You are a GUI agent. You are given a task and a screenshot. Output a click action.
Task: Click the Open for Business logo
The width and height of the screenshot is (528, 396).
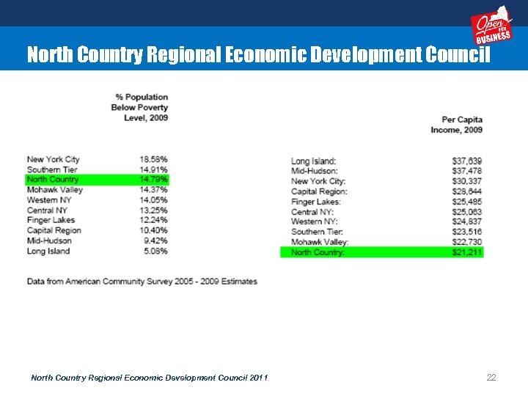click(x=491, y=27)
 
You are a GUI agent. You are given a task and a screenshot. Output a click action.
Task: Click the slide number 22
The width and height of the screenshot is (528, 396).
click(x=491, y=377)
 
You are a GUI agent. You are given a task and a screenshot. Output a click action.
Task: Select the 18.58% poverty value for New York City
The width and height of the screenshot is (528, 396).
click(x=153, y=159)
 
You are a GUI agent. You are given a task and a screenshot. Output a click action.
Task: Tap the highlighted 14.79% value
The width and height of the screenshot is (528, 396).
click(x=153, y=180)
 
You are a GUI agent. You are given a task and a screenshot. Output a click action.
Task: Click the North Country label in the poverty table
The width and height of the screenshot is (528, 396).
click(x=52, y=180)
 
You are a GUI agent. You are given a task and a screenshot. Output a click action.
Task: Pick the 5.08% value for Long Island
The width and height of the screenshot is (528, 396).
click(x=155, y=251)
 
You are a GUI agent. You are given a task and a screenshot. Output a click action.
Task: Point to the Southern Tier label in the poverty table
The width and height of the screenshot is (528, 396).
click(x=52, y=169)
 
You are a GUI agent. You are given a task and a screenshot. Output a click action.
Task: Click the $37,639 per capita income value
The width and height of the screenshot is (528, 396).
click(x=467, y=161)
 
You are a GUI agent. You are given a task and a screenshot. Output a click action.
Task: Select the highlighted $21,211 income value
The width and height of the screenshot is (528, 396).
click(x=467, y=252)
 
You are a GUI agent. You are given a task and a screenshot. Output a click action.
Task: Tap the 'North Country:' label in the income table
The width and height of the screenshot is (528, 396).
click(x=318, y=252)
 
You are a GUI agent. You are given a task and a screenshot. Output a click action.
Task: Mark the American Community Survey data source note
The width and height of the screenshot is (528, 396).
click(x=142, y=281)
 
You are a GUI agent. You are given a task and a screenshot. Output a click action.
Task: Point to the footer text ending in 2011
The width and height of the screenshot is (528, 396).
click(x=149, y=378)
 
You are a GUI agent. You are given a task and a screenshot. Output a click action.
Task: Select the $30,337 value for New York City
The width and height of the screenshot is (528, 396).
click(x=467, y=181)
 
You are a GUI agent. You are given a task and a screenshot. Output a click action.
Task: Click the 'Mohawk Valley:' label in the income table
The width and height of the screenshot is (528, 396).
click(x=320, y=242)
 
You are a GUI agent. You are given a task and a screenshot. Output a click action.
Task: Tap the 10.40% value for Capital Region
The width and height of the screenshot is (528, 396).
click(x=153, y=230)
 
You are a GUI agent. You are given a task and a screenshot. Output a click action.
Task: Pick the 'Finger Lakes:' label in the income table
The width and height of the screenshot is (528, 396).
click(x=315, y=202)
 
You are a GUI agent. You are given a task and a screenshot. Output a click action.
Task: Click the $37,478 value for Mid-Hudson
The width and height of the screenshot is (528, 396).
click(x=467, y=171)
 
